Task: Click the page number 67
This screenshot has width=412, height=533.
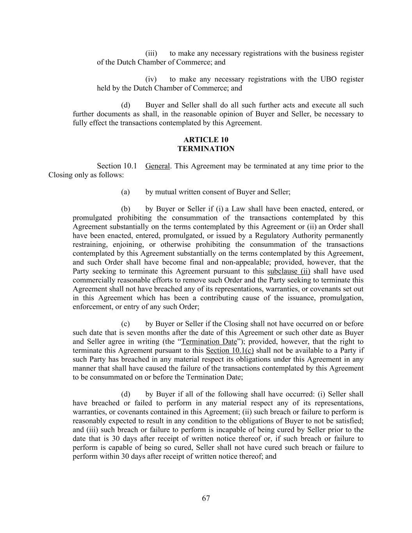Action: coord(206,498)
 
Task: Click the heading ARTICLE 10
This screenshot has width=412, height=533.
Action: coord(206,140)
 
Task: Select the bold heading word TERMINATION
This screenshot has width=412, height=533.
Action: coord(206,149)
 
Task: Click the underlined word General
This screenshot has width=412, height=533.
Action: coord(157,166)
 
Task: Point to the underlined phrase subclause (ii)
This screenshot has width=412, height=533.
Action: coord(289,271)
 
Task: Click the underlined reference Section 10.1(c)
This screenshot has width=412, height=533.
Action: coord(230,351)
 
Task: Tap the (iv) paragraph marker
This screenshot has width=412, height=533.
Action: coord(151,79)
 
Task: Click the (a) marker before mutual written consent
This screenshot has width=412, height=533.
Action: coord(125,192)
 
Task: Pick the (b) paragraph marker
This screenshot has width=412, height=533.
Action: coord(125,209)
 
